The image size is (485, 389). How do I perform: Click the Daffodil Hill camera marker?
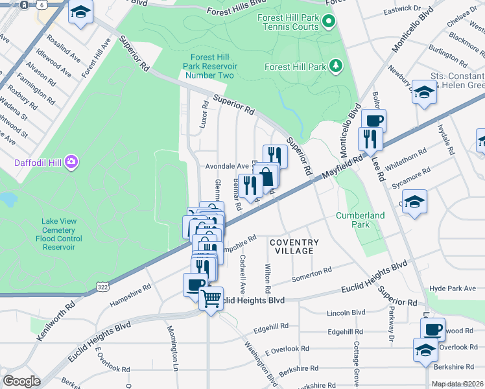71,161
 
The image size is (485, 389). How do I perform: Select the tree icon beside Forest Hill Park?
335,65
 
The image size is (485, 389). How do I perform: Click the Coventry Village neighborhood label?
294,246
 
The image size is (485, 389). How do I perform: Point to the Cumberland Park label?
360,220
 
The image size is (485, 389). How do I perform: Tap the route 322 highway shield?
102,286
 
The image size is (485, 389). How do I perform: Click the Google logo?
21,381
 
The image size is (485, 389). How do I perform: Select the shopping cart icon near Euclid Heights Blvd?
211,299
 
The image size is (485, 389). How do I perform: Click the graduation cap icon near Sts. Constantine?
424,92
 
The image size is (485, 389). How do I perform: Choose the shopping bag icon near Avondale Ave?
266,176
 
